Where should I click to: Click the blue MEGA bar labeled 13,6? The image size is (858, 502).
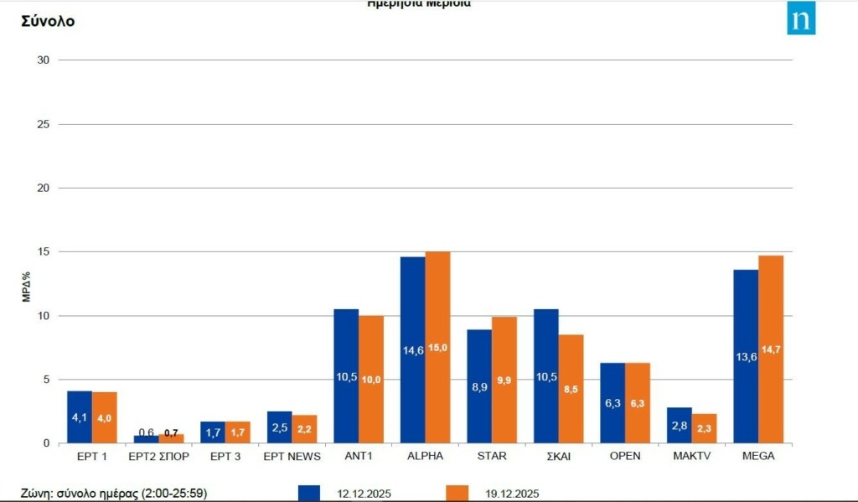(x=746, y=356)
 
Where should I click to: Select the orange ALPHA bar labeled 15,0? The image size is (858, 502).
(x=437, y=347)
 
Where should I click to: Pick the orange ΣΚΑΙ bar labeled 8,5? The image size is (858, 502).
(x=571, y=389)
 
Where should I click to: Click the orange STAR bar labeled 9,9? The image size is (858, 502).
(x=504, y=380)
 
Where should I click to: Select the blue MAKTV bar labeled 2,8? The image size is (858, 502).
(x=680, y=425)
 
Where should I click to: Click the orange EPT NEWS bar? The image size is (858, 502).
(x=304, y=429)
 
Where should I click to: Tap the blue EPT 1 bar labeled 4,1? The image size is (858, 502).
(x=80, y=417)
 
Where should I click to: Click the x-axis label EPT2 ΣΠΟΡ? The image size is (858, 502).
(x=159, y=456)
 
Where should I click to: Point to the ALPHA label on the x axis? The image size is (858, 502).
(x=426, y=456)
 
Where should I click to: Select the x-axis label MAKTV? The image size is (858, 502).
(x=691, y=456)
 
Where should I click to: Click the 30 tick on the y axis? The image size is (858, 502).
(x=44, y=60)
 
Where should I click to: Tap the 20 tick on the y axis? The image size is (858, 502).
(x=44, y=188)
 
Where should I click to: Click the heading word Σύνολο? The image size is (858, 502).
(x=48, y=21)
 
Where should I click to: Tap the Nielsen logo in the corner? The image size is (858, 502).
(x=801, y=18)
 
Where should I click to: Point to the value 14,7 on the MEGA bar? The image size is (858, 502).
(x=771, y=349)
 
